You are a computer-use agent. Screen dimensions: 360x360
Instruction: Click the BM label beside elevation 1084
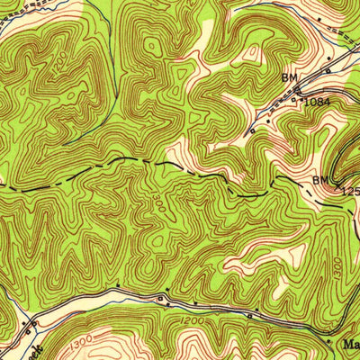(289, 78)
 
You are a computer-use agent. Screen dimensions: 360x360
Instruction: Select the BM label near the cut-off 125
(320, 181)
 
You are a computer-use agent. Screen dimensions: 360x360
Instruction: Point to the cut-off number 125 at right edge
(349, 191)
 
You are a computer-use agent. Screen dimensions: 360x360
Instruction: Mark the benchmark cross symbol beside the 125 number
(335, 189)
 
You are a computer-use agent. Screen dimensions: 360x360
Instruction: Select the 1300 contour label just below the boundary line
(158, 193)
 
